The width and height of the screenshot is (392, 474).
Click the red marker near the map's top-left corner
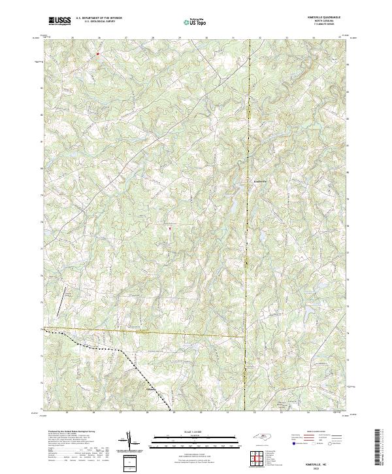coord(97,54)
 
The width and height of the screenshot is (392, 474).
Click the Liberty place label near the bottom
coord(150,386)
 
